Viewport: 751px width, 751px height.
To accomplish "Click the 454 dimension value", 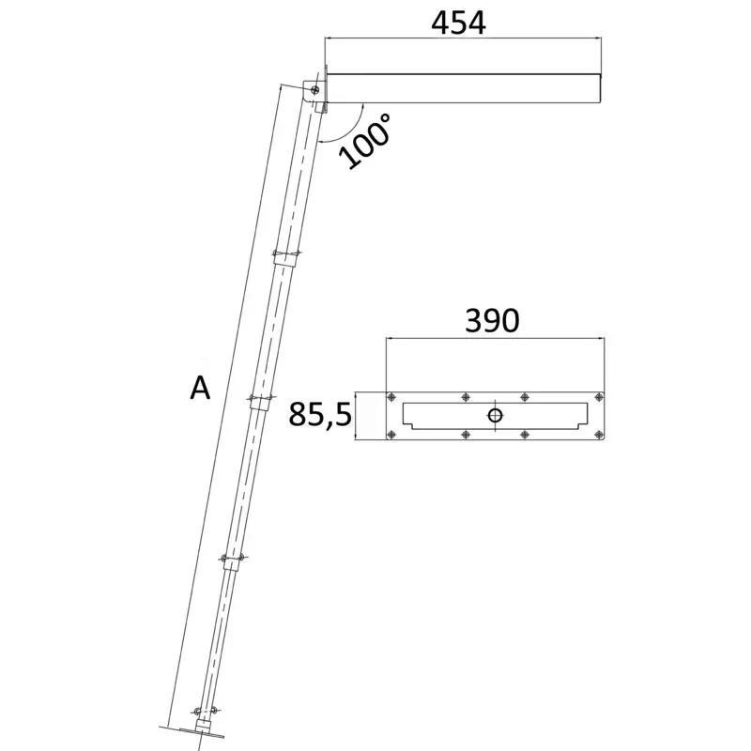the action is [x=458, y=23].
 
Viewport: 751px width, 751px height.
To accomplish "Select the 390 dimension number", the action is [x=492, y=320].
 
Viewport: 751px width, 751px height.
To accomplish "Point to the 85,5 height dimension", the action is [x=320, y=415].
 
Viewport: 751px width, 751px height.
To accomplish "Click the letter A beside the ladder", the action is [x=200, y=388].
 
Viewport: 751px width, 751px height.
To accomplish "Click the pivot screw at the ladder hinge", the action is [x=314, y=89].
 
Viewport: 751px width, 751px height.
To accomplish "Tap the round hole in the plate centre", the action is [x=495, y=415].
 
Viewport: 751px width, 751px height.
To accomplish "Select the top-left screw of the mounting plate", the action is [x=391, y=397].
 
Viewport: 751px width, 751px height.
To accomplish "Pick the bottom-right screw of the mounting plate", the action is [x=598, y=435].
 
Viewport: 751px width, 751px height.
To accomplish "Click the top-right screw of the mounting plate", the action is [x=598, y=397].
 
